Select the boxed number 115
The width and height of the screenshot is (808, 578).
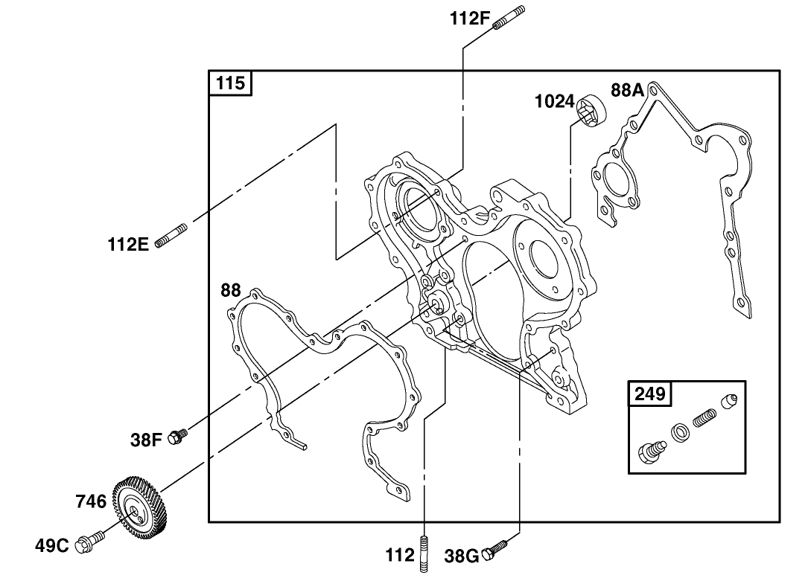pos(230,83)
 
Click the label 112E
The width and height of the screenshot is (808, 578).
pos(129,243)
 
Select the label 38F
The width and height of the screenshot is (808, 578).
pos(147,440)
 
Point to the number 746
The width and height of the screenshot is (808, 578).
pos(91,501)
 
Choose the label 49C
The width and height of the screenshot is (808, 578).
pos(52,546)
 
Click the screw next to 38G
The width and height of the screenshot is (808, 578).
pos(496,550)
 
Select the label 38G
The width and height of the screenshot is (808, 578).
pos(462,556)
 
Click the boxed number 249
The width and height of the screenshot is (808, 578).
pos(650,393)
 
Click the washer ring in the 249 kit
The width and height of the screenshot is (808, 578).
pos(679,432)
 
